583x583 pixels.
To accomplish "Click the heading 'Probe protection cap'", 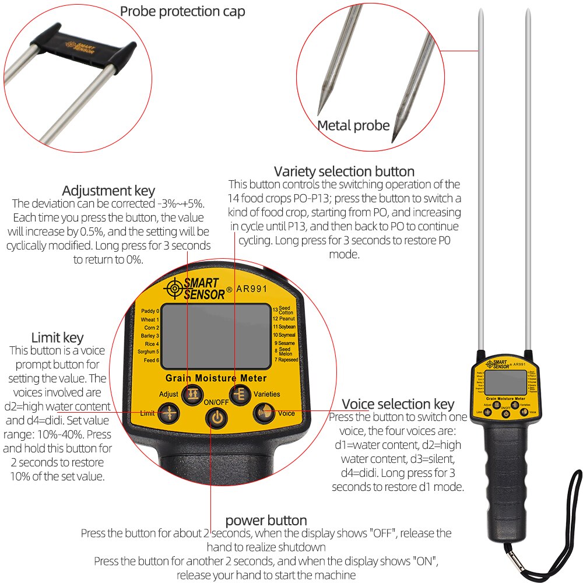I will (x=182, y=11).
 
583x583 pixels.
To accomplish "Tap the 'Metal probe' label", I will (x=353, y=125).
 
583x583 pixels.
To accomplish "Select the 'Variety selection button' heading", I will (x=344, y=171).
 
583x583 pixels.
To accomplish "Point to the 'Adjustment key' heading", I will (x=108, y=191).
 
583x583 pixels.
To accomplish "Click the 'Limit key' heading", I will (x=57, y=338).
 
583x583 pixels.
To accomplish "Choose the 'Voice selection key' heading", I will (x=398, y=404).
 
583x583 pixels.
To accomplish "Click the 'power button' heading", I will (x=266, y=520).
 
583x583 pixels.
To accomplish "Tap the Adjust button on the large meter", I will (x=190, y=395).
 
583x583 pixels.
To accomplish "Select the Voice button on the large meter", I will (x=262, y=413).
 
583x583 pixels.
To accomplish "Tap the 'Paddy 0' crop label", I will (x=150, y=311).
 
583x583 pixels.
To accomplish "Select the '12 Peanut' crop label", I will (x=285, y=319).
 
